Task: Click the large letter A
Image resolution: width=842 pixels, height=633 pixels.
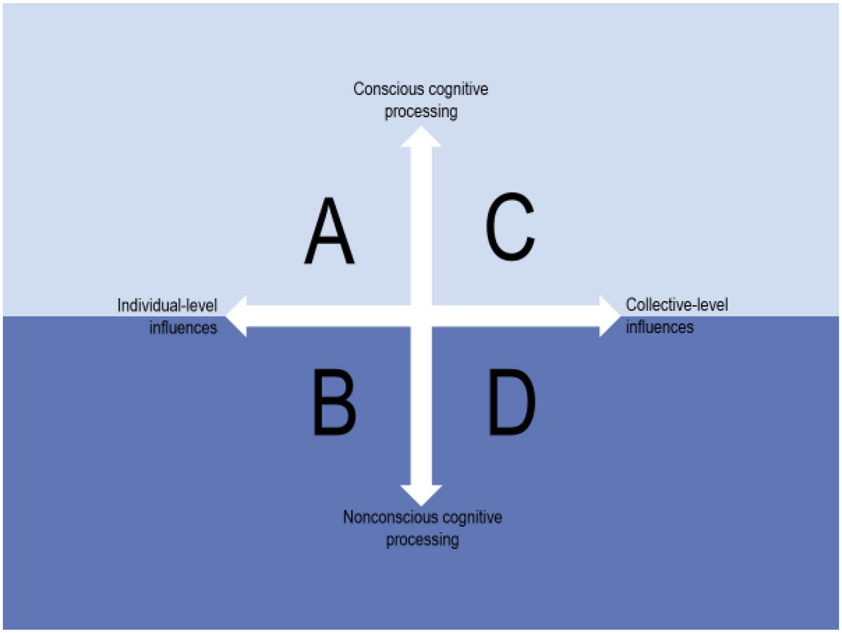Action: (329, 231)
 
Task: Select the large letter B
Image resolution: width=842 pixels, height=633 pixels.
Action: (335, 403)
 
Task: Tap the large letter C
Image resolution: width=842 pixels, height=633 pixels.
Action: (510, 227)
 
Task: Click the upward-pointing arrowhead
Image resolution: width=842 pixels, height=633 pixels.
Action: (421, 138)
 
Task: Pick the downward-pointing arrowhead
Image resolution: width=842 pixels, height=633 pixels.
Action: (421, 494)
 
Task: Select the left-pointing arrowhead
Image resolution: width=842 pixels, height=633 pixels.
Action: (238, 316)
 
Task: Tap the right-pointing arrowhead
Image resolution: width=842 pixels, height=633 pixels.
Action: (608, 316)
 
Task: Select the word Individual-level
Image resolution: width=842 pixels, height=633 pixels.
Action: (167, 306)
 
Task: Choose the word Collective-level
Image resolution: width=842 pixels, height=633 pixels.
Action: (677, 305)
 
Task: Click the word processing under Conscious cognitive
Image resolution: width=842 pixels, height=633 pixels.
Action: (421, 112)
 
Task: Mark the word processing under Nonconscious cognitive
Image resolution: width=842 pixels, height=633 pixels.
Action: (422, 540)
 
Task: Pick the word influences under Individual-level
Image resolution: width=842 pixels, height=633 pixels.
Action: (183, 328)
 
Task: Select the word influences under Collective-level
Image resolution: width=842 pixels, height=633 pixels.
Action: (660, 327)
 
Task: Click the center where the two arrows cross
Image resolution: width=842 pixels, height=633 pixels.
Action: (421, 316)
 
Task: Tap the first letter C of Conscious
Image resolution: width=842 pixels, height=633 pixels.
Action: (358, 89)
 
